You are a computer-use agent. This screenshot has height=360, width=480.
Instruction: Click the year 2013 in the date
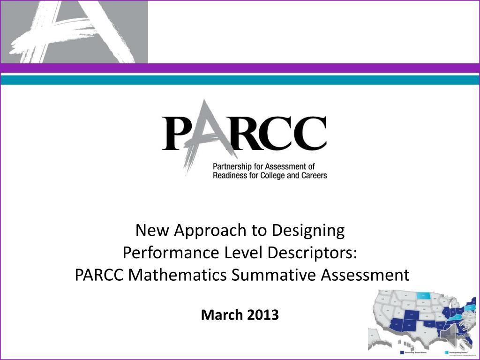coord(262,315)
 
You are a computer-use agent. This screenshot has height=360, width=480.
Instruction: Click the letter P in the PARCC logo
coord(177,134)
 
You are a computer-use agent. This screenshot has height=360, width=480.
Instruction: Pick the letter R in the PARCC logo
coord(237,134)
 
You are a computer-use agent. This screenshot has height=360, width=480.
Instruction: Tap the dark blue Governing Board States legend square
coord(402,352)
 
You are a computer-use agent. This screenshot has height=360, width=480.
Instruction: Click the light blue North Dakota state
coord(424,296)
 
